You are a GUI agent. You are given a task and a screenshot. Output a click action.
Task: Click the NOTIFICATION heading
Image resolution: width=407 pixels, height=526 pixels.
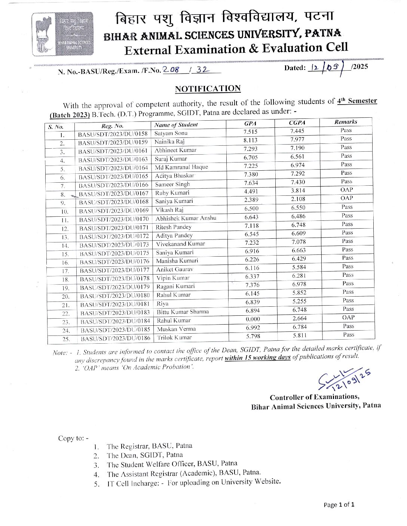pos(208,89)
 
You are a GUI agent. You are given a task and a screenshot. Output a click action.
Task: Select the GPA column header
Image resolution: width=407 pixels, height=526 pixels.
pos(250,123)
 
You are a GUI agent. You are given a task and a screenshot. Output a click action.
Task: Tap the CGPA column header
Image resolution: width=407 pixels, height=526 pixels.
pos(297,122)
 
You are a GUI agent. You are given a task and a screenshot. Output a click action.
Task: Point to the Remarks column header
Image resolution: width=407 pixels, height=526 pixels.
pos(346,122)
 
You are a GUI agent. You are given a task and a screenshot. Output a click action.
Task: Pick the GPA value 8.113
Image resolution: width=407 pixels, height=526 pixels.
pos(250,140)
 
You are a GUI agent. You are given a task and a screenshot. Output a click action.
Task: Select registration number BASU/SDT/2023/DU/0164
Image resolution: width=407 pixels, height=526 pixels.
pos(113,168)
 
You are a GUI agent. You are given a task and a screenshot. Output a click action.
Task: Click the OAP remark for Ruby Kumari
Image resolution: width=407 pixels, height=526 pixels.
pos(346,189)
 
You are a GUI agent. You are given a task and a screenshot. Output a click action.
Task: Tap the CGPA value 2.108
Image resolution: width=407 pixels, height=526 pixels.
pos(298,199)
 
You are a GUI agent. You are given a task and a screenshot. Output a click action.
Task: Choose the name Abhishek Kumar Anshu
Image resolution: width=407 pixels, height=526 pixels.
pos(186,218)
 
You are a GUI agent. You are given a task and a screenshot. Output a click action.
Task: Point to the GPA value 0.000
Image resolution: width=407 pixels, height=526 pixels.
pos(253,319)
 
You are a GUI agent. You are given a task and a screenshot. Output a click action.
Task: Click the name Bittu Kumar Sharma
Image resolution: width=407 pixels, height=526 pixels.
pos(183,312)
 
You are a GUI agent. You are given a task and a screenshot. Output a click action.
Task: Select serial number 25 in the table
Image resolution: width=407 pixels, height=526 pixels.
pos(66,339)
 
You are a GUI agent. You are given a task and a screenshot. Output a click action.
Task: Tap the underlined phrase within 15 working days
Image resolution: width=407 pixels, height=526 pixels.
pos(257,358)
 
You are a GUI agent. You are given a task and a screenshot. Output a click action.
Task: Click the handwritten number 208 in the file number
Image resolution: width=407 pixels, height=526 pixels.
pos(171,69)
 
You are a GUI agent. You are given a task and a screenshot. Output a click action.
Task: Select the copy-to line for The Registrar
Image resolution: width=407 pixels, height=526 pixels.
pos(149,446)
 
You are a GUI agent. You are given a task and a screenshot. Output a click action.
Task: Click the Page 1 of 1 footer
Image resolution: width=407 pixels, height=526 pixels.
pos(339,505)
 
